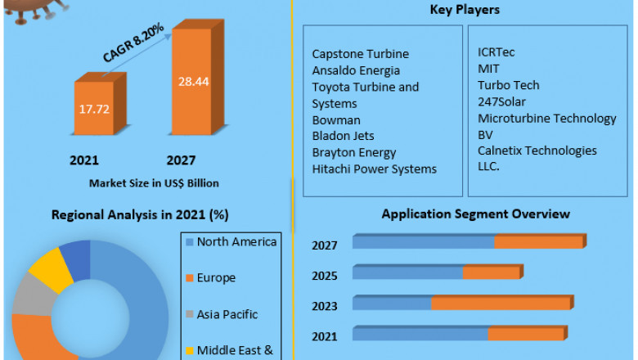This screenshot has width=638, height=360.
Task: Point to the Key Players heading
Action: (465, 11)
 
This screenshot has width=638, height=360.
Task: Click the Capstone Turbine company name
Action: (360, 54)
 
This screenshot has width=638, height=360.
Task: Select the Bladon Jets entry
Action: (343, 136)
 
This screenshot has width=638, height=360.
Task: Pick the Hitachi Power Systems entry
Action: (374, 169)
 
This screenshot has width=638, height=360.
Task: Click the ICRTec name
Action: (496, 52)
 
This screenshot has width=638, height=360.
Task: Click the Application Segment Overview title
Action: (475, 214)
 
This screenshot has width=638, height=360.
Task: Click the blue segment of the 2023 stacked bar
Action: (392, 304)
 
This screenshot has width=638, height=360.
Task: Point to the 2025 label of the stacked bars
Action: (325, 275)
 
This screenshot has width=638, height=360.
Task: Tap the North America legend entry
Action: (236, 242)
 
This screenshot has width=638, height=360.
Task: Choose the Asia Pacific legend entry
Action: (227, 314)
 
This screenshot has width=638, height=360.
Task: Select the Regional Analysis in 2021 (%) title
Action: (140, 215)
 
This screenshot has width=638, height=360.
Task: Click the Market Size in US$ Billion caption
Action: (154, 182)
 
